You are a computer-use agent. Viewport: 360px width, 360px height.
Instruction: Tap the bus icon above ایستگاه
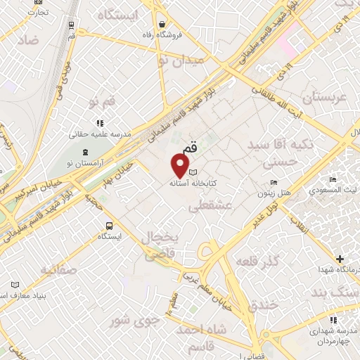109,226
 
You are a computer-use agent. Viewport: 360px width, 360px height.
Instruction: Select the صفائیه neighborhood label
60,270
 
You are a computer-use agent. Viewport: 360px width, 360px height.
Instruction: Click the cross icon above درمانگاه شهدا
341,259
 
